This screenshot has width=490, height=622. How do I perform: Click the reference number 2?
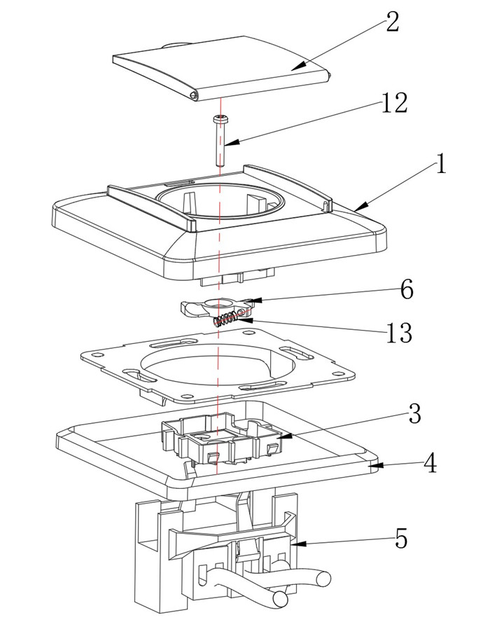(391, 22)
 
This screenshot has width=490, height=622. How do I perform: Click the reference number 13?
(399, 334)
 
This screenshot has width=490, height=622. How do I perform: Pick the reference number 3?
(414, 414)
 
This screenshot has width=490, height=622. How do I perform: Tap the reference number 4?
(430, 464)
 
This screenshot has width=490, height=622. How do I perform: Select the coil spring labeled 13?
(224, 321)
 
